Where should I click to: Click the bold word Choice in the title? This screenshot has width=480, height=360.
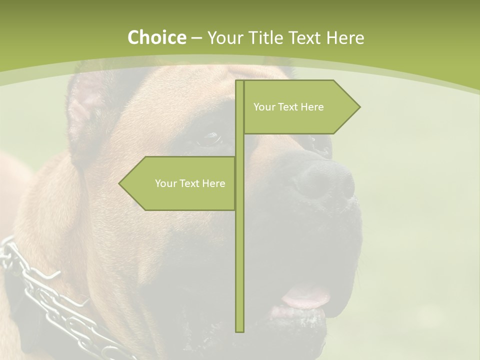[156, 37]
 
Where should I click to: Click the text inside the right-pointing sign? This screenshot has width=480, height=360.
[288, 107]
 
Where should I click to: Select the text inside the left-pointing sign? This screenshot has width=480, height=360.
[190, 183]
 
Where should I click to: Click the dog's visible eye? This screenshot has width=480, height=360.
[210, 138]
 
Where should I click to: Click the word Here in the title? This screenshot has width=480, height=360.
[345, 37]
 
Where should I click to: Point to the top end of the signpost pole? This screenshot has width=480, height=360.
[239, 82]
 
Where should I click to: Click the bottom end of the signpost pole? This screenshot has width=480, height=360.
[239, 330]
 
